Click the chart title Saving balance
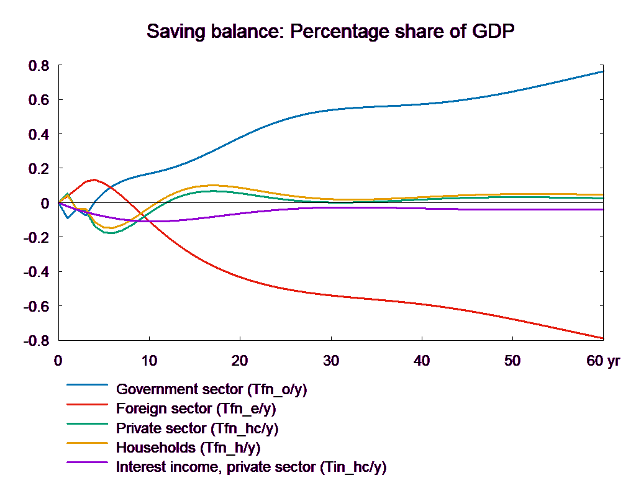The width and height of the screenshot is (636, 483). click(x=214, y=31)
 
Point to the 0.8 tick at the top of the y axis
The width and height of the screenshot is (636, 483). click(x=39, y=66)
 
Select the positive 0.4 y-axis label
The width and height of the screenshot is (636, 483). click(x=39, y=135)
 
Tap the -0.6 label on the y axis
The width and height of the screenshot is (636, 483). click(x=36, y=307)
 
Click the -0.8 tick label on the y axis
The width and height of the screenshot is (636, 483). click(x=36, y=341)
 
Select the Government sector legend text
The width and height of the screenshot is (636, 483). click(x=212, y=390)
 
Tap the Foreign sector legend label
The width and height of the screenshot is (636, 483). click(x=196, y=409)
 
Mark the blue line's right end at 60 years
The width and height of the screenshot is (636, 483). click(x=604, y=71)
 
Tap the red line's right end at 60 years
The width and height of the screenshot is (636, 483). click(x=604, y=338)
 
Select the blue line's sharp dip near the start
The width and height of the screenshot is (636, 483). click(x=68, y=218)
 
